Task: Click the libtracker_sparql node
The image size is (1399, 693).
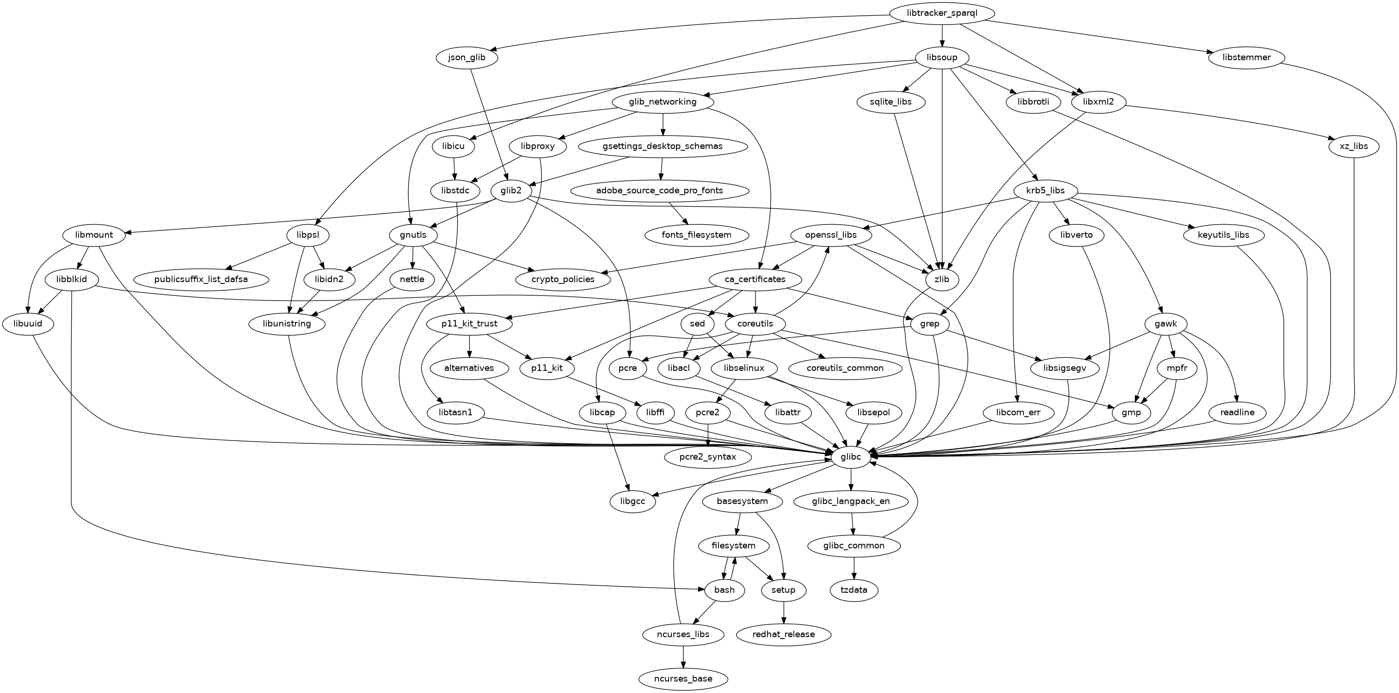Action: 942,13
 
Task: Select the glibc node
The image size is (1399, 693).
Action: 851,457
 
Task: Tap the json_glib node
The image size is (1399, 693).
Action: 467,58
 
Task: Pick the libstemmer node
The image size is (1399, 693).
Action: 1247,58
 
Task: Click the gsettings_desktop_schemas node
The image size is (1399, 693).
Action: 662,147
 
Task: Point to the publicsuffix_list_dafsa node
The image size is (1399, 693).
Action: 201,279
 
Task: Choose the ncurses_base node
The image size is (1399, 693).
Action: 683,678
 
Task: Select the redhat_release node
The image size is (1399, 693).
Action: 783,634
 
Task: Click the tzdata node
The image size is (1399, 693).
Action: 854,590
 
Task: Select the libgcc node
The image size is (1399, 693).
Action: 633,501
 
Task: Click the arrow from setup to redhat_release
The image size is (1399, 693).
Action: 783,612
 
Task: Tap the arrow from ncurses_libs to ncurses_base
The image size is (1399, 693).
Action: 683,656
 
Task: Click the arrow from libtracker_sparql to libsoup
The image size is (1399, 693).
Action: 942,35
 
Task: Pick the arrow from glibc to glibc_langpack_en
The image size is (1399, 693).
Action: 851,479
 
